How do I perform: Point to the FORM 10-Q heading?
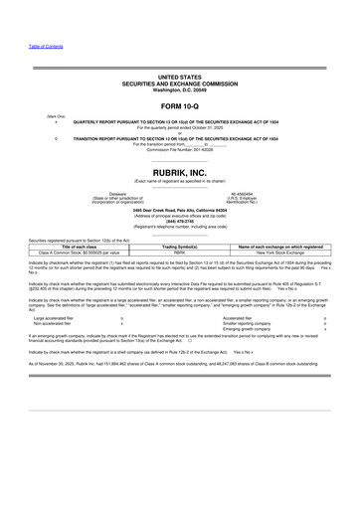179,104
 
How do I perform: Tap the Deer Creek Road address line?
179,212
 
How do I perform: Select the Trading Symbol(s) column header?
180,246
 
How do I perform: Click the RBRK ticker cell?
180,253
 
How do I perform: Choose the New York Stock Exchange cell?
282,253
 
